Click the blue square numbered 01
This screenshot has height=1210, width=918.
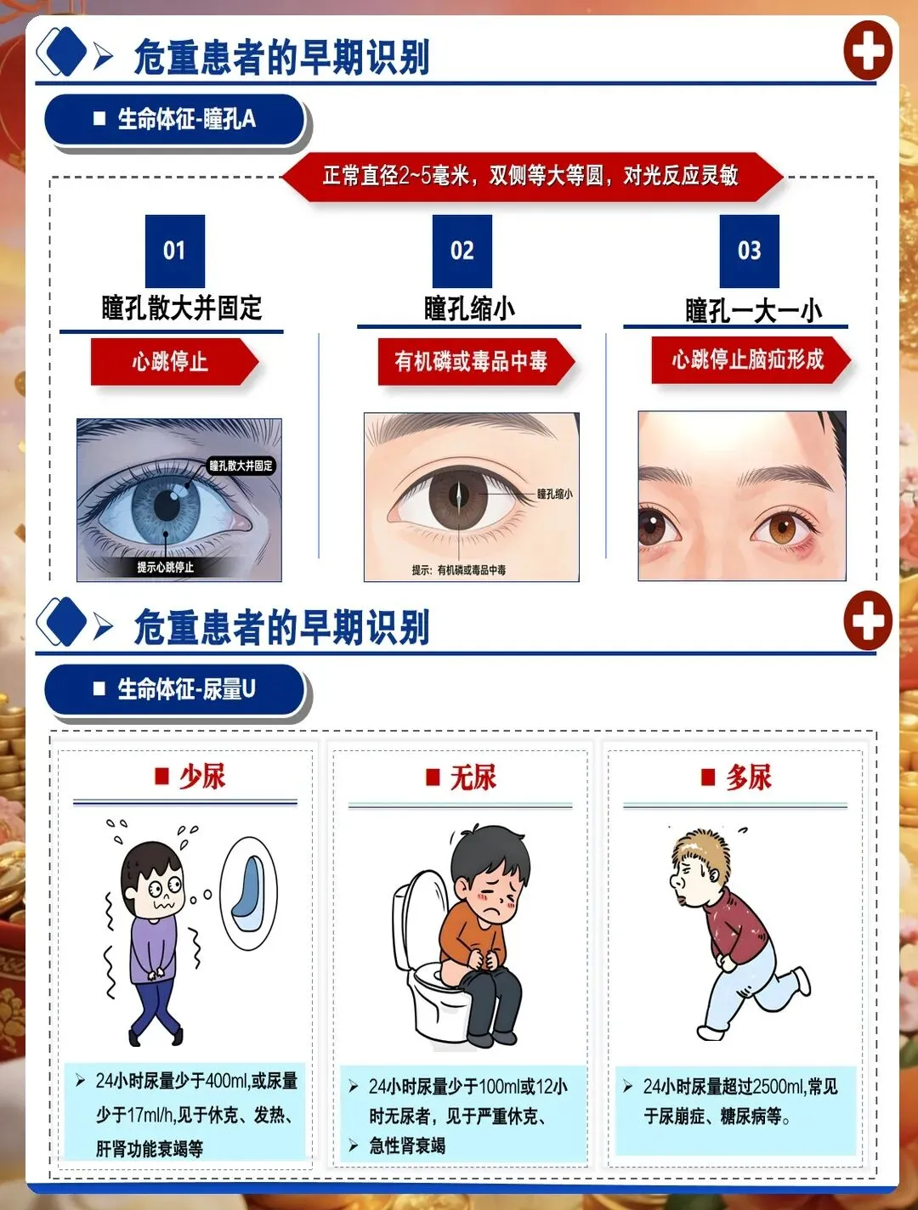(x=175, y=251)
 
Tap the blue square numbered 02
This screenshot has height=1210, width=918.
(x=462, y=251)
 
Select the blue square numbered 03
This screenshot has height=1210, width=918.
(x=750, y=251)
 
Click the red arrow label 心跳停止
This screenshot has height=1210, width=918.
(x=174, y=362)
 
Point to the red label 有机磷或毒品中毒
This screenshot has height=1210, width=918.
(x=476, y=362)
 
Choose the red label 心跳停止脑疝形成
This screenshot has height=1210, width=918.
(x=751, y=359)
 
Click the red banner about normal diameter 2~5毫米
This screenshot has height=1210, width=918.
(x=531, y=177)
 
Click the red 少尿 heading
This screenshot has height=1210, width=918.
(x=190, y=777)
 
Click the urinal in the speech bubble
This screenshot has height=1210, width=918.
(x=249, y=894)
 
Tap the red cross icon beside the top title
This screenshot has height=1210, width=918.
(x=868, y=50)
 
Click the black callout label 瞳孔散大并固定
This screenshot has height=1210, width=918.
(x=241, y=466)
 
